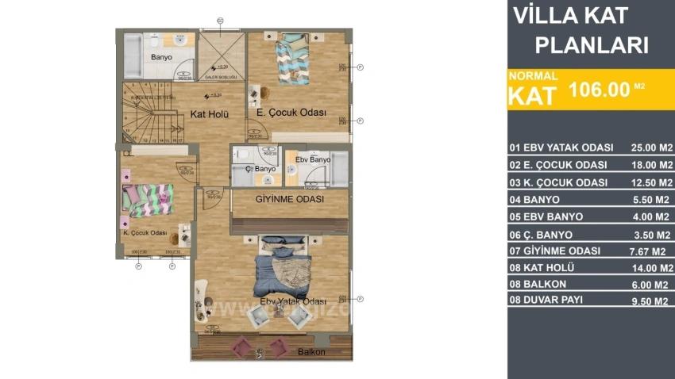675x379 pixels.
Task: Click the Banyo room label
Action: (x=161, y=57)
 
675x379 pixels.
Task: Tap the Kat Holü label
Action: (x=210, y=114)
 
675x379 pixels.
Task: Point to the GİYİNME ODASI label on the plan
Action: (x=289, y=200)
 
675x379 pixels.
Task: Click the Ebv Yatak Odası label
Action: (x=293, y=301)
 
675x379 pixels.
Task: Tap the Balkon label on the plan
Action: (x=311, y=352)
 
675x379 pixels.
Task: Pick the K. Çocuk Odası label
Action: (x=144, y=233)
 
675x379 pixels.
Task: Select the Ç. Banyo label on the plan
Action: (x=260, y=169)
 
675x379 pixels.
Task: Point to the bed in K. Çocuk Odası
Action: (x=148, y=199)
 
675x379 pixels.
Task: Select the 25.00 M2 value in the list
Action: (x=651, y=148)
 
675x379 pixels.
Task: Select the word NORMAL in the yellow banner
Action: (x=533, y=76)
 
